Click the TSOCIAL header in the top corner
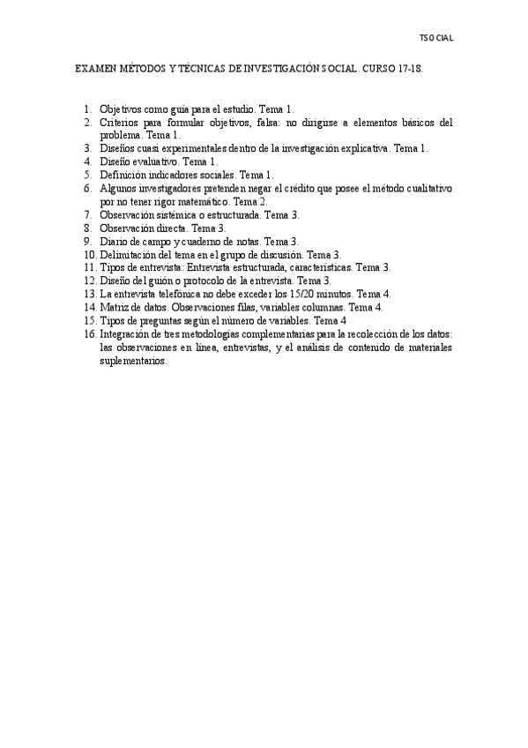436,39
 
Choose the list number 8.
88,228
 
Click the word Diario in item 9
114,241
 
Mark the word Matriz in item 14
114,307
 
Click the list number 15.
90,320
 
